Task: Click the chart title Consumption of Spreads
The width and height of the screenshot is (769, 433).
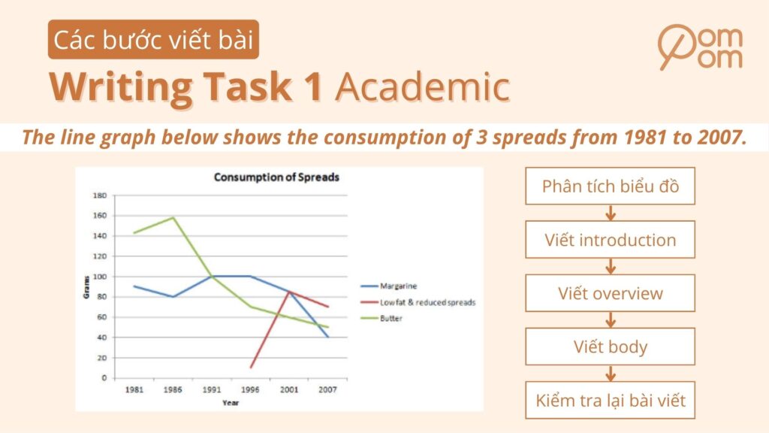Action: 276,178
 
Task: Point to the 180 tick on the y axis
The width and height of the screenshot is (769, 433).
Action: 99,195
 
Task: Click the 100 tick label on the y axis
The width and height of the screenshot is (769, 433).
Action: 99,277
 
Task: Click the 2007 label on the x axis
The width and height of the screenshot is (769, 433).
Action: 327,390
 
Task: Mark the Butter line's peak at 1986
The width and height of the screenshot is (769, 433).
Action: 173,218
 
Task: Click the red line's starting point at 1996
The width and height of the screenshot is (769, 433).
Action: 251,368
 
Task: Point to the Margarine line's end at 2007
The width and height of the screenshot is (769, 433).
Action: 327,337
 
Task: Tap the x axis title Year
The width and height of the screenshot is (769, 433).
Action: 231,402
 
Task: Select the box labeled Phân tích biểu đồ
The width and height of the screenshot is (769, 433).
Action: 610,186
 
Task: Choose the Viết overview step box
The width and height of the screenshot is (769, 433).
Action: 610,293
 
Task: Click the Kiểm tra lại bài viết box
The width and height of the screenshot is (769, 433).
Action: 610,401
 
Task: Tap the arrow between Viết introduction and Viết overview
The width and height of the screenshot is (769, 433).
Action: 610,267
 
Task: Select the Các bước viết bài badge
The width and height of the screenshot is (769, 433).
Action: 154,40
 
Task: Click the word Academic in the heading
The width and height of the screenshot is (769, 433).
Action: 423,88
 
